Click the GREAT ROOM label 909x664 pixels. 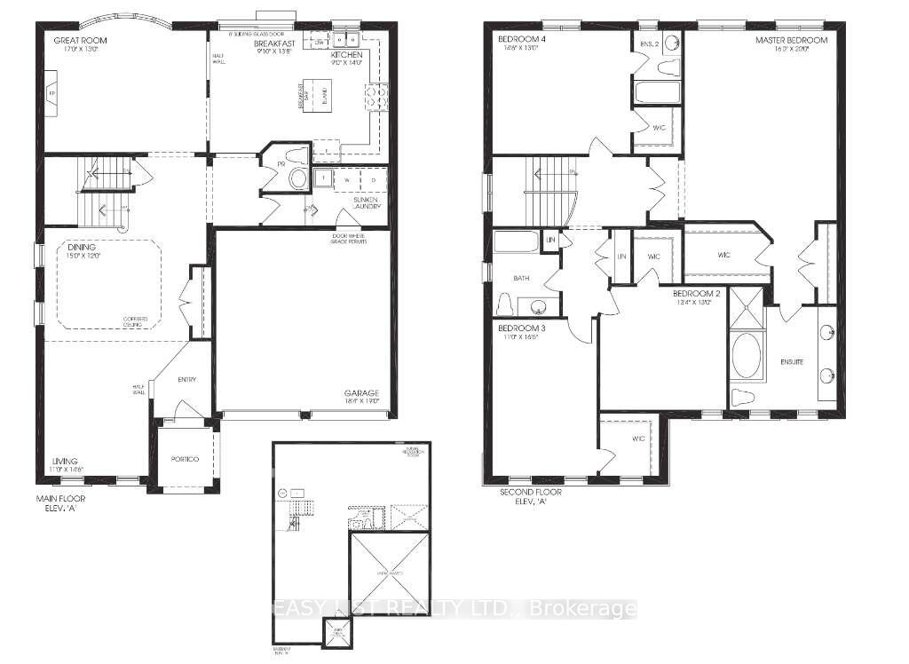[x=75, y=40]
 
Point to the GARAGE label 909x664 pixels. [x=362, y=393]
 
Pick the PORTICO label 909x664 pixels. [x=186, y=458]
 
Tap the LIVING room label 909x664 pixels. [x=64, y=461]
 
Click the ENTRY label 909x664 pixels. [x=186, y=380]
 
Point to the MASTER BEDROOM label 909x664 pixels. [x=791, y=41]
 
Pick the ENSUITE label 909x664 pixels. [x=791, y=362]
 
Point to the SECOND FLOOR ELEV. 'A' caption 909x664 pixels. [x=532, y=496]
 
